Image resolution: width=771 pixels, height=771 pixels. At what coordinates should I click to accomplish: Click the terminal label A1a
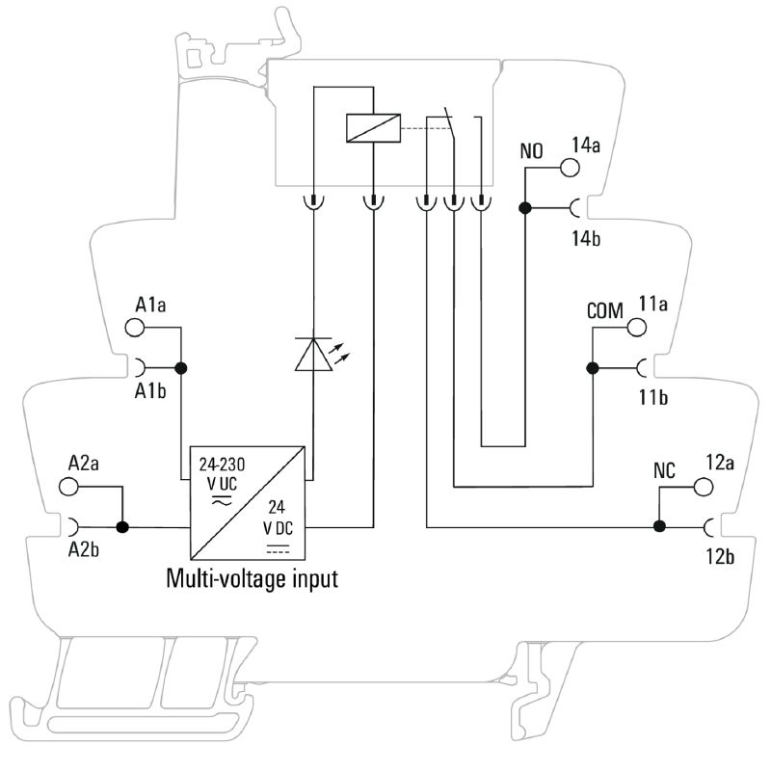tap(150, 306)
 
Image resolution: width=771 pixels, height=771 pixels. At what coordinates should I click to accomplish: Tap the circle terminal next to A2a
tap(69, 487)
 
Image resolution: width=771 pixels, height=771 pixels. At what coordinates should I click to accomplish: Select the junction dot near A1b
tap(180, 367)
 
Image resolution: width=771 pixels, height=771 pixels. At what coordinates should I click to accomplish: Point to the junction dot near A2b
tap(122, 527)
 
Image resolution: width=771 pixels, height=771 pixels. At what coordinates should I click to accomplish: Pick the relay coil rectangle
tap(372, 126)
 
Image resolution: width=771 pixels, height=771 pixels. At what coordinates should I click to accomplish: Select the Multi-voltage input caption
tap(253, 580)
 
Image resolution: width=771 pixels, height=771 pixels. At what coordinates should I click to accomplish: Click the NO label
tap(532, 150)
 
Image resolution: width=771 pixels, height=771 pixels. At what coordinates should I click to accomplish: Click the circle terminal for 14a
tap(569, 169)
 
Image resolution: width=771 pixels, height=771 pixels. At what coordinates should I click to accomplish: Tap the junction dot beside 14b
tap(525, 207)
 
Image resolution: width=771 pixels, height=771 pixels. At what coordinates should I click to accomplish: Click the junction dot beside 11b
tap(593, 367)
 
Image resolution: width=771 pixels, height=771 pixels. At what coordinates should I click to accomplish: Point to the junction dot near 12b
tap(660, 527)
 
